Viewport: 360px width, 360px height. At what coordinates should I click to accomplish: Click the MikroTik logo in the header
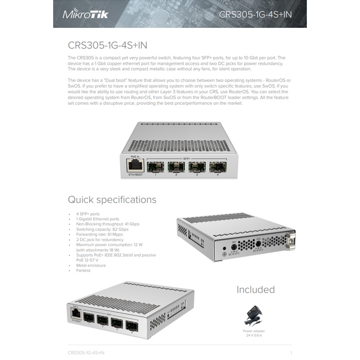point(85,14)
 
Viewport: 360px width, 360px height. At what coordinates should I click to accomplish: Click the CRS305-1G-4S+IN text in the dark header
point(255,14)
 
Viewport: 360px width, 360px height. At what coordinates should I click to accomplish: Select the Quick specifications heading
point(112,199)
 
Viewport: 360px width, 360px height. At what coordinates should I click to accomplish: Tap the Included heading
point(255,290)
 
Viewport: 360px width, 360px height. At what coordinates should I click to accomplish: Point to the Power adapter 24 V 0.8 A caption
point(254,333)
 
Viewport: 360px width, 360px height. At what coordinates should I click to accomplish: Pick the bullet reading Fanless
point(83,270)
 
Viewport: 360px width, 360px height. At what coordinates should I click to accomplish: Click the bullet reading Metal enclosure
point(91,265)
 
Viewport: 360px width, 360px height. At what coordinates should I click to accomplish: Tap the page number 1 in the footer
point(291,352)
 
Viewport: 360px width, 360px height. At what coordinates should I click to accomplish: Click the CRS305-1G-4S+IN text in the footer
point(86,352)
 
